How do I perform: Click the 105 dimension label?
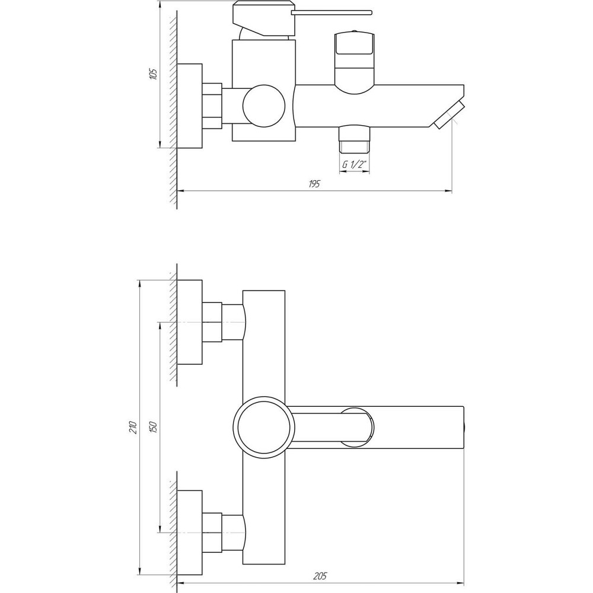[x=153, y=74]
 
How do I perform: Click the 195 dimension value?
[x=314, y=184]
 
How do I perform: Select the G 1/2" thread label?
[x=353, y=165]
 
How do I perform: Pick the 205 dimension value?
[x=321, y=576]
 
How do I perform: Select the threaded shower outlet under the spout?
[x=354, y=141]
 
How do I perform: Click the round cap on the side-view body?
[x=263, y=106]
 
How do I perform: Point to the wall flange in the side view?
[x=190, y=106]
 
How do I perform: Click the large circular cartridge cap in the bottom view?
[x=263, y=427]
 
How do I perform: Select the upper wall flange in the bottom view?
[x=190, y=322]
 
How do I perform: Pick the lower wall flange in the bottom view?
[x=190, y=533]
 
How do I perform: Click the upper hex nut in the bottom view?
[x=212, y=322]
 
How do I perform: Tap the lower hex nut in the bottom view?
[x=212, y=533]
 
